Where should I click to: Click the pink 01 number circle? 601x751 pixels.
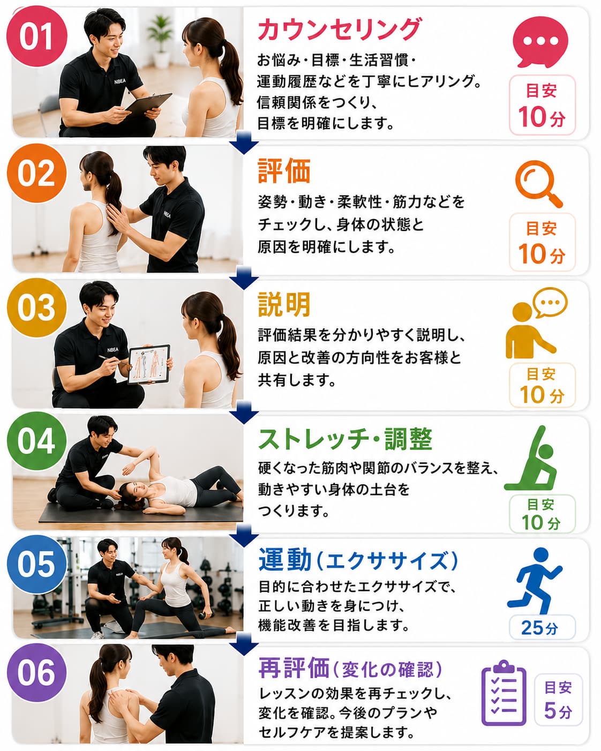coord(36,36)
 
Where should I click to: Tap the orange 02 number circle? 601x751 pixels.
coord(36,173)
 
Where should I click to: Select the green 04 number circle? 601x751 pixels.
coord(36,441)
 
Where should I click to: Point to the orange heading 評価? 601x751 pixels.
coord(284,171)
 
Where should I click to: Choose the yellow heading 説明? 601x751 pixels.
coord(284,305)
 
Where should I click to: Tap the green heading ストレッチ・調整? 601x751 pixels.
coord(345,439)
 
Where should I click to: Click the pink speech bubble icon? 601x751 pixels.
coord(540,42)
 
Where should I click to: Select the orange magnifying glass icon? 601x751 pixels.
coord(538,184)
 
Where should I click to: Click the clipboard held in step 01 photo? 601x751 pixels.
coord(149,104)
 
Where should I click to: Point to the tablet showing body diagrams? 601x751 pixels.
coord(149,364)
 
